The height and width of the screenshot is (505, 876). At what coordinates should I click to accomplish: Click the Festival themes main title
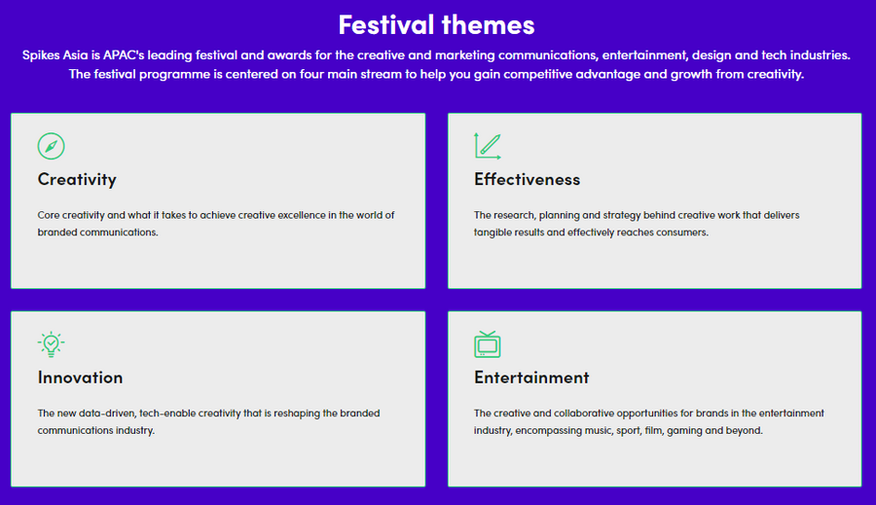[x=436, y=25]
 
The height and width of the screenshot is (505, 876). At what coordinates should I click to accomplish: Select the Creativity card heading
[x=77, y=179]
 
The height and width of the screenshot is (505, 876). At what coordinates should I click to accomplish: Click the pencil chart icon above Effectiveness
[x=488, y=146]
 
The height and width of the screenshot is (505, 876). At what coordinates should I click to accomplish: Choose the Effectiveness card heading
[x=527, y=179]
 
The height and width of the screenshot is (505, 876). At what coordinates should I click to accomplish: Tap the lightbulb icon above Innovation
[x=51, y=344]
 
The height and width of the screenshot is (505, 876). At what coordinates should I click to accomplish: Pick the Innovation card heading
[x=80, y=378]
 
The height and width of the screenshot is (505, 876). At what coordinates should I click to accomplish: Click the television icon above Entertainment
[x=488, y=344]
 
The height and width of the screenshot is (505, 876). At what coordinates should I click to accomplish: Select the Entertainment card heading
[x=531, y=378]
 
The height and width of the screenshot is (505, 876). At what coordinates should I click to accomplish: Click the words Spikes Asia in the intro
[x=55, y=55]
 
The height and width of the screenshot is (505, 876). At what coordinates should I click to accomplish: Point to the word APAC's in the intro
[x=124, y=55]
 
